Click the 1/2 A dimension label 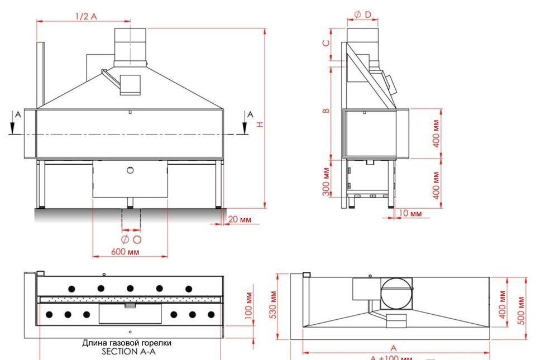coord(86,16)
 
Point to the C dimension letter coord(326,42)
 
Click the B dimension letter coord(326,110)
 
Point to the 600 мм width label coord(125,252)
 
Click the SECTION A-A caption coord(127,352)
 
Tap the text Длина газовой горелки coord(127,343)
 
